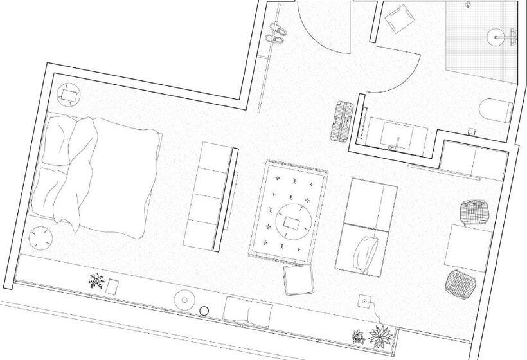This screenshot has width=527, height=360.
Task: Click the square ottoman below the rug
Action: click(298, 280)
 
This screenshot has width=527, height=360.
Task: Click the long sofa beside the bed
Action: click(210, 195)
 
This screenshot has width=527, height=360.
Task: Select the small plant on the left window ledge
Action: click(96, 281)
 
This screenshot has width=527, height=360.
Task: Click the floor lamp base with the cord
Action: click(365, 300)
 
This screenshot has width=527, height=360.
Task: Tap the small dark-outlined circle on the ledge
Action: click(204, 311)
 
